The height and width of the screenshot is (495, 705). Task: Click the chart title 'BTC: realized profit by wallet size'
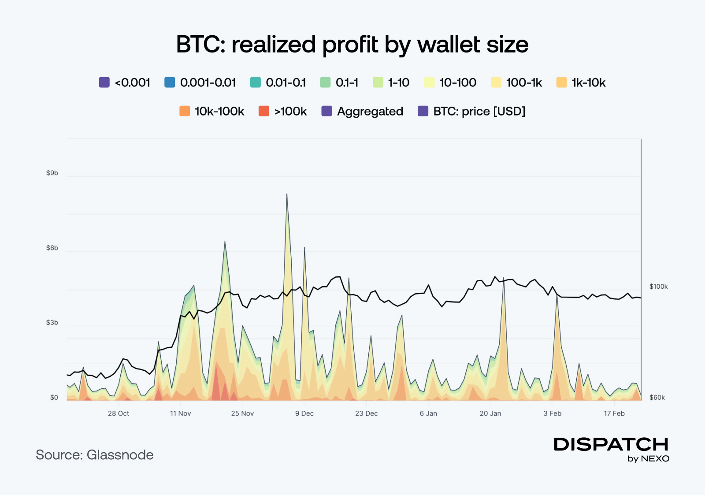coord(352,45)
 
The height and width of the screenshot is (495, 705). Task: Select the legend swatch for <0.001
coord(104,82)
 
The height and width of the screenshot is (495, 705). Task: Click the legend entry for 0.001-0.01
coord(200,82)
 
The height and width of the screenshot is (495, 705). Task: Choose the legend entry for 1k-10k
coord(581,82)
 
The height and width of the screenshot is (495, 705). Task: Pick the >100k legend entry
coord(282,111)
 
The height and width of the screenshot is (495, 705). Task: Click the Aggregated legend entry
coord(362,111)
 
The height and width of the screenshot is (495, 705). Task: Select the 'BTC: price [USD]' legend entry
coord(471,111)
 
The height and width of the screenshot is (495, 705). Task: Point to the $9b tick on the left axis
coord(52,173)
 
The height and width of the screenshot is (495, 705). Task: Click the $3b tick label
coord(52,323)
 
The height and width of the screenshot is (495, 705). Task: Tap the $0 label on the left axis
coord(54,398)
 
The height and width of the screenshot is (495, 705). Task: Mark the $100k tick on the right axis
coord(658,287)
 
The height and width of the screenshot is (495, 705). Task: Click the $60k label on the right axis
coord(657,398)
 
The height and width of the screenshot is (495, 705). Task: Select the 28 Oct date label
coord(119,413)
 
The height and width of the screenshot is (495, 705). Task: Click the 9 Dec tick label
coord(304,413)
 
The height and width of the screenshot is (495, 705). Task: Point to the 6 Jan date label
coord(428,413)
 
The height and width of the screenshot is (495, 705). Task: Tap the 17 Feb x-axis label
coord(614,413)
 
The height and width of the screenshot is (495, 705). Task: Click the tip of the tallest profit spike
coord(287,194)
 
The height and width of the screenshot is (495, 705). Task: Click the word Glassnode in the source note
coord(120,455)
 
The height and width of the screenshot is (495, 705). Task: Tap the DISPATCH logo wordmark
coord(611,444)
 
